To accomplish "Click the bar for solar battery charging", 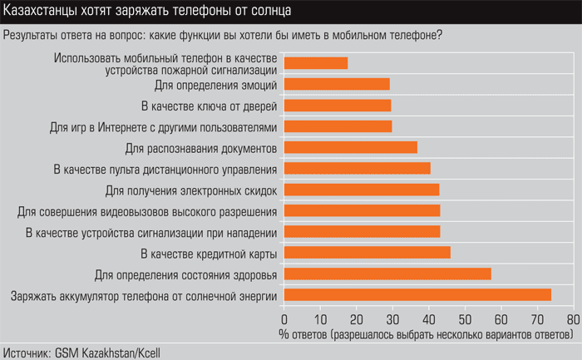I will (x=417, y=295).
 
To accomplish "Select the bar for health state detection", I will (x=387, y=274).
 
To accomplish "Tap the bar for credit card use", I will (x=367, y=253).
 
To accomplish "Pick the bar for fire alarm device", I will (x=316, y=63).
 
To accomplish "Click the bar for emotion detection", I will (x=337, y=84).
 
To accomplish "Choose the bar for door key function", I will (x=338, y=105).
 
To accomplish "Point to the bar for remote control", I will (x=357, y=168).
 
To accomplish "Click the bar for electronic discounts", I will (x=362, y=190).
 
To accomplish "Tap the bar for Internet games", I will (x=338, y=126).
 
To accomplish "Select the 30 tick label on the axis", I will (x=392, y=318).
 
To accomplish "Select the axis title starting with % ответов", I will (x=427, y=333).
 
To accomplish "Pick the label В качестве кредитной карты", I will (x=208, y=253).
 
